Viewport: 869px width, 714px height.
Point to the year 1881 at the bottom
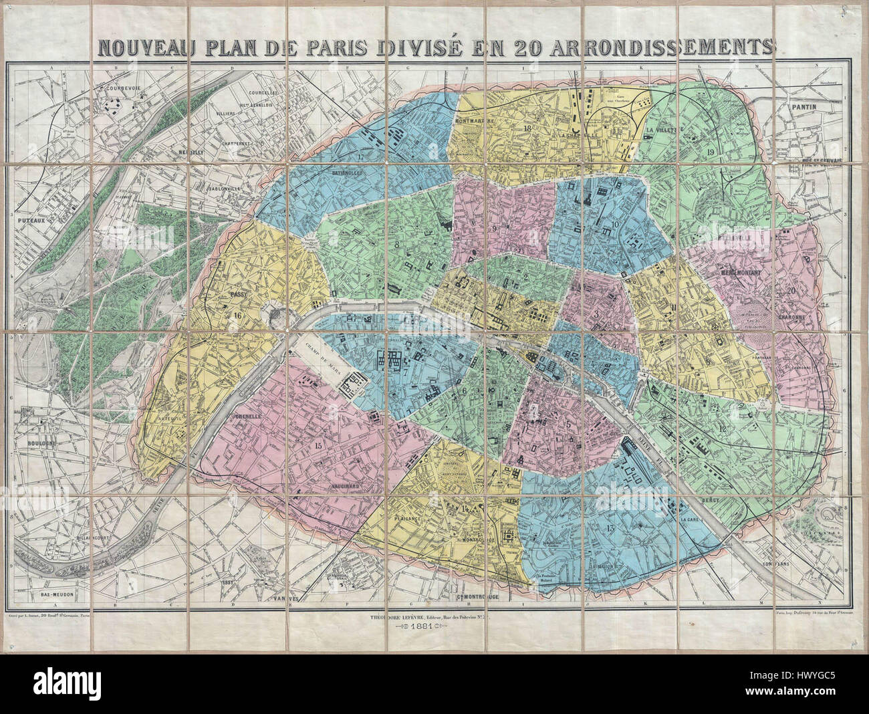[x=424, y=628]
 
